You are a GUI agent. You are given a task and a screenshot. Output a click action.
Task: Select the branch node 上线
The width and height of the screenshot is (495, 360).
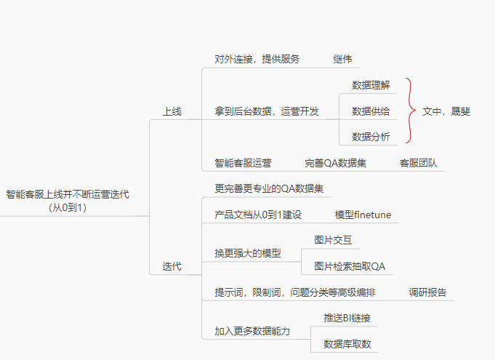172,112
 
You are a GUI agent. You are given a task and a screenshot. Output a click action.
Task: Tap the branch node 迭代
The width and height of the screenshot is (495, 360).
172,267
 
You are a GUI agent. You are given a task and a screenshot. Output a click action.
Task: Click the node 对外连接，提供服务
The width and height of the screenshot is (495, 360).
257,59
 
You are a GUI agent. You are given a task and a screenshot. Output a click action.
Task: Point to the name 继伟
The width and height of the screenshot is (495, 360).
342,59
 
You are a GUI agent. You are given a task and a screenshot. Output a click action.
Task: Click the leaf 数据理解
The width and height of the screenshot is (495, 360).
371,85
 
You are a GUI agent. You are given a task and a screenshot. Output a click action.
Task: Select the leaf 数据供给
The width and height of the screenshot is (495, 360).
371,111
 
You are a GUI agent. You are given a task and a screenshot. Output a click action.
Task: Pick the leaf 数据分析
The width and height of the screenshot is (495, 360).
371,136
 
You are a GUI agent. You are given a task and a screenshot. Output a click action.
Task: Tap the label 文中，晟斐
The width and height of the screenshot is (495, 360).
446,111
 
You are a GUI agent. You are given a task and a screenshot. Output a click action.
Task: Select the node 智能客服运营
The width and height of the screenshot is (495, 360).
243,163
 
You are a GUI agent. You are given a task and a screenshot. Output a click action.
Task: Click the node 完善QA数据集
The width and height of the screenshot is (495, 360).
335,163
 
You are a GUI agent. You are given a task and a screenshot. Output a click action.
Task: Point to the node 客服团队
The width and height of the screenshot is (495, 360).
418,163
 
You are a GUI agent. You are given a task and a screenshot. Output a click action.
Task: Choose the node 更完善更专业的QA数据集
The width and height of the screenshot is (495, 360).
269,188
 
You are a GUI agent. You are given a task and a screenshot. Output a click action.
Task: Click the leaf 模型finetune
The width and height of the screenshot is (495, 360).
363,215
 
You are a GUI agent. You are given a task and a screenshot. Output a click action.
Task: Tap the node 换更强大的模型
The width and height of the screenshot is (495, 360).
247,253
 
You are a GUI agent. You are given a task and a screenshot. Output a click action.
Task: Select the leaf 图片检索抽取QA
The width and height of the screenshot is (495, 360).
350,266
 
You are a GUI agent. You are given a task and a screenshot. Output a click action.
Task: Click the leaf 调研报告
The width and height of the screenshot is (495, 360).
427,292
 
